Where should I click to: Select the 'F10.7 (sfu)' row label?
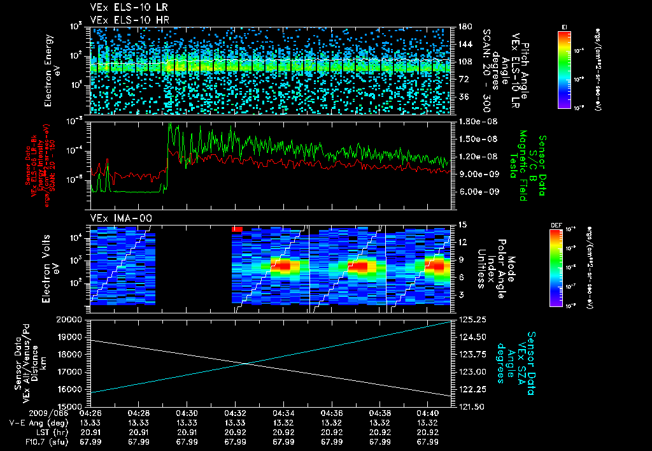point(34,441)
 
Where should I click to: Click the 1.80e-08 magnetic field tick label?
point(477,121)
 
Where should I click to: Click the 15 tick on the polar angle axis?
point(462,224)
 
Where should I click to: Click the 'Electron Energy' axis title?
point(48,70)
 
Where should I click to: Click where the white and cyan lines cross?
point(247,364)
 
